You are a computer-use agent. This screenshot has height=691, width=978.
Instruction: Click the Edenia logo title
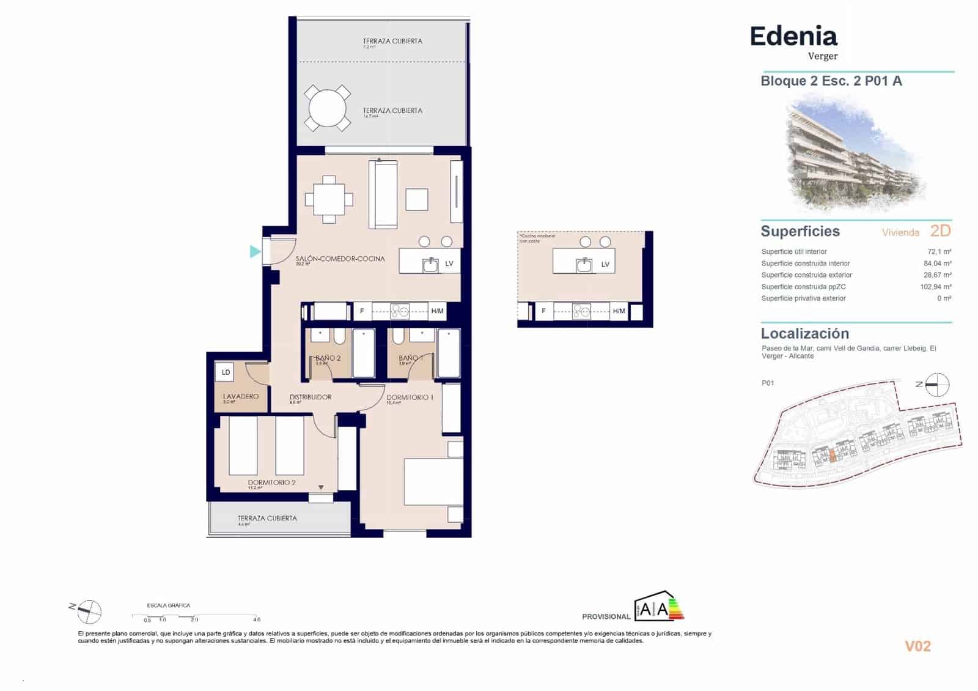coord(793,37)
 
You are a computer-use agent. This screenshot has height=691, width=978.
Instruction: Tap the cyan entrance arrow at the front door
coord(255,251)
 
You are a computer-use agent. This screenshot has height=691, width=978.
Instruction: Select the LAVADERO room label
coord(240,396)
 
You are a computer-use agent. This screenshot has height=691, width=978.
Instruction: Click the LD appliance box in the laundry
coord(226,372)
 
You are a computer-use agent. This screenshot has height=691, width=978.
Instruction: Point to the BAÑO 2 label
coord(328,358)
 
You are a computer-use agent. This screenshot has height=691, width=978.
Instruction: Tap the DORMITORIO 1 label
coord(410,397)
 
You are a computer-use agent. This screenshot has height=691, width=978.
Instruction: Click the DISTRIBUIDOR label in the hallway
coord(310,397)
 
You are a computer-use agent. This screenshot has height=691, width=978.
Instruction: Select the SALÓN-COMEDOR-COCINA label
coord(340,259)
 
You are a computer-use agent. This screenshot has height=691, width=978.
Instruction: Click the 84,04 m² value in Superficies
coord(939,264)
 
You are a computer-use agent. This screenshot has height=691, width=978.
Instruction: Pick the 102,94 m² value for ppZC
coord(936,287)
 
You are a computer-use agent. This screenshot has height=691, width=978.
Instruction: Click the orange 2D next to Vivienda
coord(940,231)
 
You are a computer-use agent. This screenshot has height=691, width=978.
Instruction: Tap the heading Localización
coord(804,334)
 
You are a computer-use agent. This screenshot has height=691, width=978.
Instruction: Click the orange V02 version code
coord(917,646)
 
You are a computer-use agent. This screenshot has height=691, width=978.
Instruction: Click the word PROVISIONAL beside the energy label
coord(606,616)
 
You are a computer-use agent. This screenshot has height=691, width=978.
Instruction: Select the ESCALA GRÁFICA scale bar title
coord(169,605)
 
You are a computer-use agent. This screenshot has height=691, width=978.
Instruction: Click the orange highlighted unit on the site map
coord(833,455)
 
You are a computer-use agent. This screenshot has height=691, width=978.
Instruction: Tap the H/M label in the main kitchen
coord(437,311)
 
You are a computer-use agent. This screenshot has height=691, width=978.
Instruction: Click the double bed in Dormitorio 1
coord(433,482)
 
